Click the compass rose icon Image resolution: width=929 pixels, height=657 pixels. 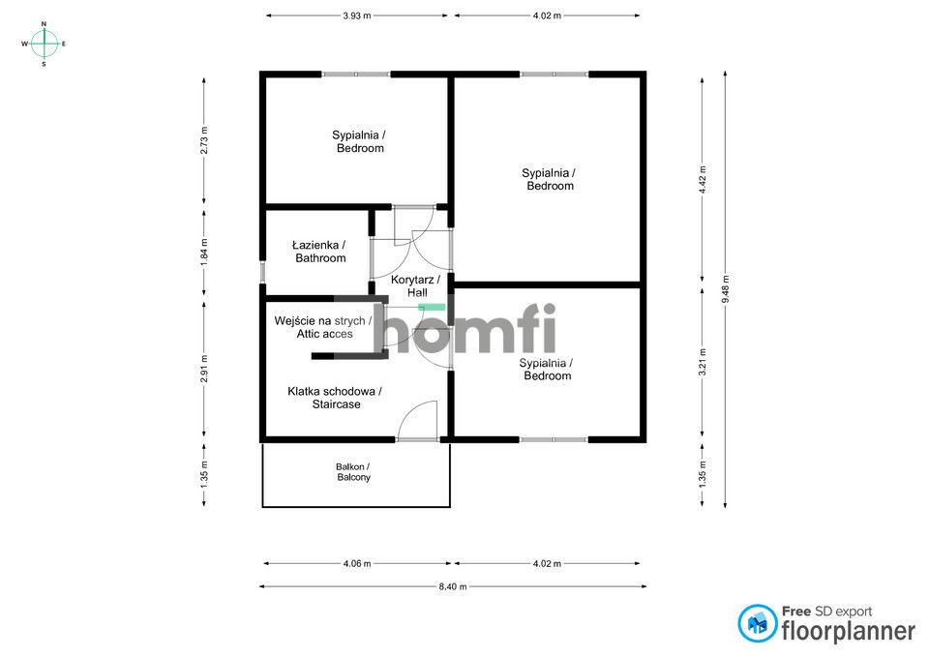pyautogui.click(x=44, y=44)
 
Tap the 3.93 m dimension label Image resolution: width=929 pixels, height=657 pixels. pyautogui.click(x=357, y=16)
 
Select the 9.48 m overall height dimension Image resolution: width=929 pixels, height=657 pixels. pyautogui.click(x=726, y=289)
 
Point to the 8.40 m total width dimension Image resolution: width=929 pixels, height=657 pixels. pyautogui.click(x=453, y=586)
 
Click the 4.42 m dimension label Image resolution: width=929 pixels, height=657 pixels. pyautogui.click(x=703, y=180)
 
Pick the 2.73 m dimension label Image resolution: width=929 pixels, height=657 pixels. pyautogui.click(x=204, y=140)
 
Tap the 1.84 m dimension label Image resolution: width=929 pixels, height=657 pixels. pyautogui.click(x=204, y=252)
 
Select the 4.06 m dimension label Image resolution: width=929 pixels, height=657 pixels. pyautogui.click(x=357, y=563)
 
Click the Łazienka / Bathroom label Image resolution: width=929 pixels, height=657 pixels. pyautogui.click(x=320, y=252)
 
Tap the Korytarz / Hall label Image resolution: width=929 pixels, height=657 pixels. pyautogui.click(x=416, y=285)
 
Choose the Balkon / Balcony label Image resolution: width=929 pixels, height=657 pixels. pyautogui.click(x=353, y=472)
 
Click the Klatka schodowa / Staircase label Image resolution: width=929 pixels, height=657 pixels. pyautogui.click(x=336, y=398)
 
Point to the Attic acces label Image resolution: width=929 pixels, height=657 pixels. pyautogui.click(x=325, y=334)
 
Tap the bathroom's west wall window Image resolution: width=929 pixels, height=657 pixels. pyautogui.click(x=262, y=271)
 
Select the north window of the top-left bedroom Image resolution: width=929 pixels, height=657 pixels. pyautogui.click(x=356, y=75)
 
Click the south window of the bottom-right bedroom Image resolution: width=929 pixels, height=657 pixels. pyautogui.click(x=554, y=439)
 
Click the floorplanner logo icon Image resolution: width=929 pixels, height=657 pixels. pyautogui.click(x=757, y=623)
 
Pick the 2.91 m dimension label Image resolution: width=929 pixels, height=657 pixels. pyautogui.click(x=204, y=368)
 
